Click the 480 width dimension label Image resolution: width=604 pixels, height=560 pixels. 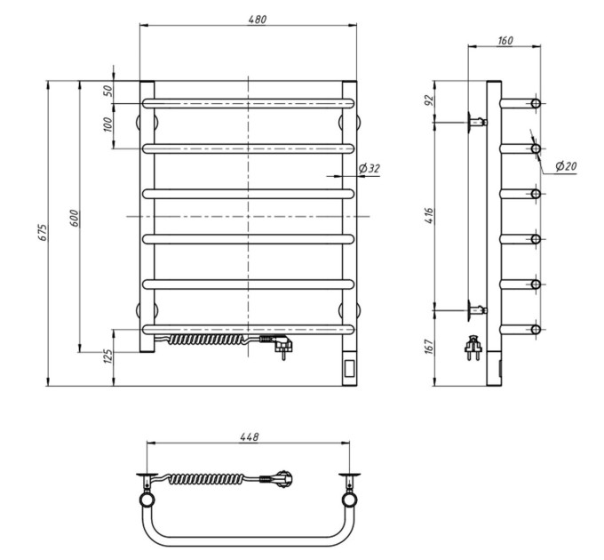click(x=258, y=19)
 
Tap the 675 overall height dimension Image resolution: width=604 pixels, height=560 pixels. click(x=44, y=232)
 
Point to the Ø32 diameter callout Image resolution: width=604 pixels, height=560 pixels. click(x=369, y=168)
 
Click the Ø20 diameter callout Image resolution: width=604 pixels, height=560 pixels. click(x=567, y=166)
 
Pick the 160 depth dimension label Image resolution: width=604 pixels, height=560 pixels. click(x=505, y=41)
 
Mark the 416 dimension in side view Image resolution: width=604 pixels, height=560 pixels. click(x=430, y=216)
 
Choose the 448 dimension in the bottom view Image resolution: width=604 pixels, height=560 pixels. click(x=250, y=436)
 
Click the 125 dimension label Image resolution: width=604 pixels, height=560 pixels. click(x=108, y=356)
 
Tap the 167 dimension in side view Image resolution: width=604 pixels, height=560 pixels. click(x=430, y=347)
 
